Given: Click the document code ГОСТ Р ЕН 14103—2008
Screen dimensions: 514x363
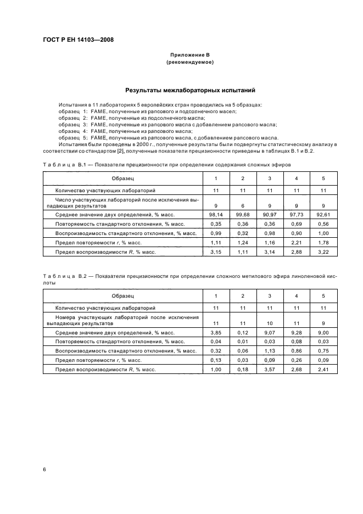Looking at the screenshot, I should (79, 40).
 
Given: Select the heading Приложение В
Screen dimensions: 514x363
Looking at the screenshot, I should (189, 56).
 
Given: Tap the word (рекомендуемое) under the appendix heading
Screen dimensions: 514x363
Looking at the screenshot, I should (189, 63).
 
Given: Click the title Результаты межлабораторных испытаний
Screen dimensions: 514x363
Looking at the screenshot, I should (189, 90).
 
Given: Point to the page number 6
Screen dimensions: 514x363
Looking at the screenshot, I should (44, 470).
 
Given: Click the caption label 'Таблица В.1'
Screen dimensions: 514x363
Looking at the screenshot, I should (65, 165).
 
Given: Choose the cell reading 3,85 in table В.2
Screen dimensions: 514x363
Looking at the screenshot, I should (216, 333).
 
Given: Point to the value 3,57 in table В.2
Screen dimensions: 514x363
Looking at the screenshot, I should (270, 370).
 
